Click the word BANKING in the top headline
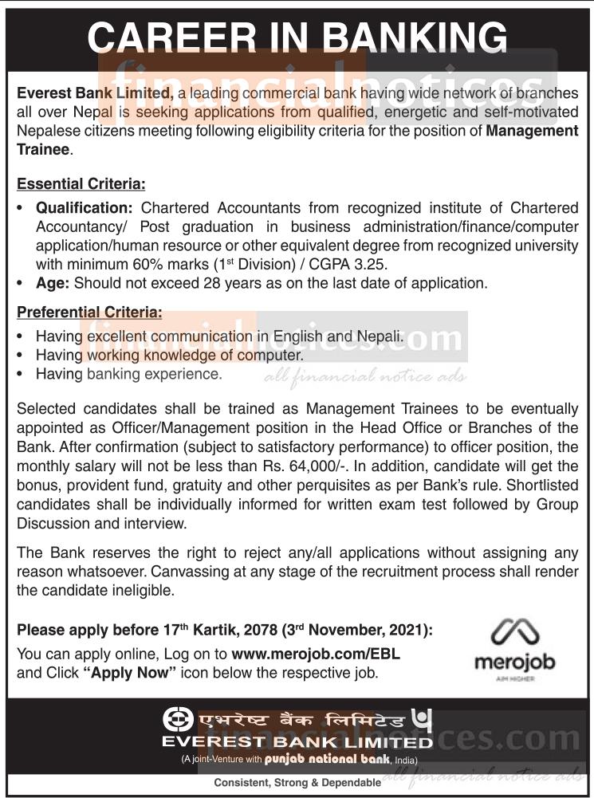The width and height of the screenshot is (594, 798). pyautogui.click(x=407, y=38)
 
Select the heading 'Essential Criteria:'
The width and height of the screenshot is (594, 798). pyautogui.click(x=81, y=184)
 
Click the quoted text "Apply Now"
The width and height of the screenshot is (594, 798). pyautogui.click(x=129, y=673)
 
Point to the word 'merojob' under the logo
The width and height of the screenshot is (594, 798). pyautogui.click(x=514, y=662)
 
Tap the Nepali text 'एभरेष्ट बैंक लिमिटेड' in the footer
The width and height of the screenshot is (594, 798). pyautogui.click(x=302, y=720)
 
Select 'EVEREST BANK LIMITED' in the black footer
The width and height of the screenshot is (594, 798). pyautogui.click(x=297, y=741)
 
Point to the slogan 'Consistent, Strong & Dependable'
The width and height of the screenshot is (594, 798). pyautogui.click(x=297, y=783)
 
